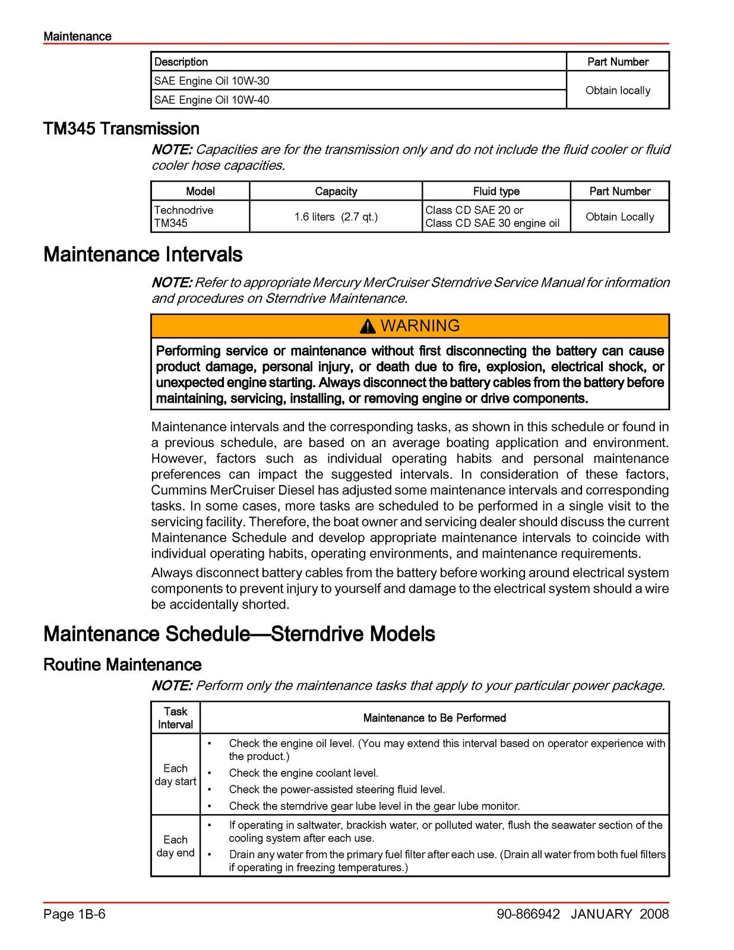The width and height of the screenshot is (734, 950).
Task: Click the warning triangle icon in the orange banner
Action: (x=368, y=326)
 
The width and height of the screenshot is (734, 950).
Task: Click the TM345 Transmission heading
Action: (x=121, y=129)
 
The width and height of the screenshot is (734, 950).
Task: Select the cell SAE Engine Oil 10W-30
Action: (x=211, y=81)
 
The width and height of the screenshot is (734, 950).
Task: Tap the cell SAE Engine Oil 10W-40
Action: (x=211, y=100)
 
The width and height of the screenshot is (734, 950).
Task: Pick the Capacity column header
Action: (x=336, y=191)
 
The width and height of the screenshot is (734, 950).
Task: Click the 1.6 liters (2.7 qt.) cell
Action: (x=336, y=217)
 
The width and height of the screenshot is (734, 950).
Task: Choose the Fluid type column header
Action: (x=496, y=191)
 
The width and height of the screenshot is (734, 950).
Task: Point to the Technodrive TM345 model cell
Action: (x=183, y=217)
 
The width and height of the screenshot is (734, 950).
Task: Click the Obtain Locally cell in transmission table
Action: (x=619, y=217)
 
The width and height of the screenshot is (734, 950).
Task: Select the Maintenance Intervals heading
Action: (x=143, y=255)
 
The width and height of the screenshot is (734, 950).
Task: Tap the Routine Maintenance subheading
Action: (x=122, y=664)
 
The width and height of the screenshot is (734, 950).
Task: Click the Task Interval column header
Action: (x=175, y=718)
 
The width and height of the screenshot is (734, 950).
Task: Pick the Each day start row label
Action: (x=175, y=775)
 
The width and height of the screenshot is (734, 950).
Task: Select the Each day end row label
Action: (x=175, y=846)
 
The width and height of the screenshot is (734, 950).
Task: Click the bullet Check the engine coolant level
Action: (x=303, y=773)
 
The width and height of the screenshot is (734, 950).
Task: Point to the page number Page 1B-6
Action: (x=74, y=914)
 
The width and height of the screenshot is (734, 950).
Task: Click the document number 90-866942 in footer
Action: (x=528, y=914)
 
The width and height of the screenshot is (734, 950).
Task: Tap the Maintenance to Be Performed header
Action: (x=434, y=718)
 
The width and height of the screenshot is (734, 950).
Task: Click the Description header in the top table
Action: (x=181, y=62)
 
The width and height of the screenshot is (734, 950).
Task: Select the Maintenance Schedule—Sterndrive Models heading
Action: (x=239, y=634)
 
